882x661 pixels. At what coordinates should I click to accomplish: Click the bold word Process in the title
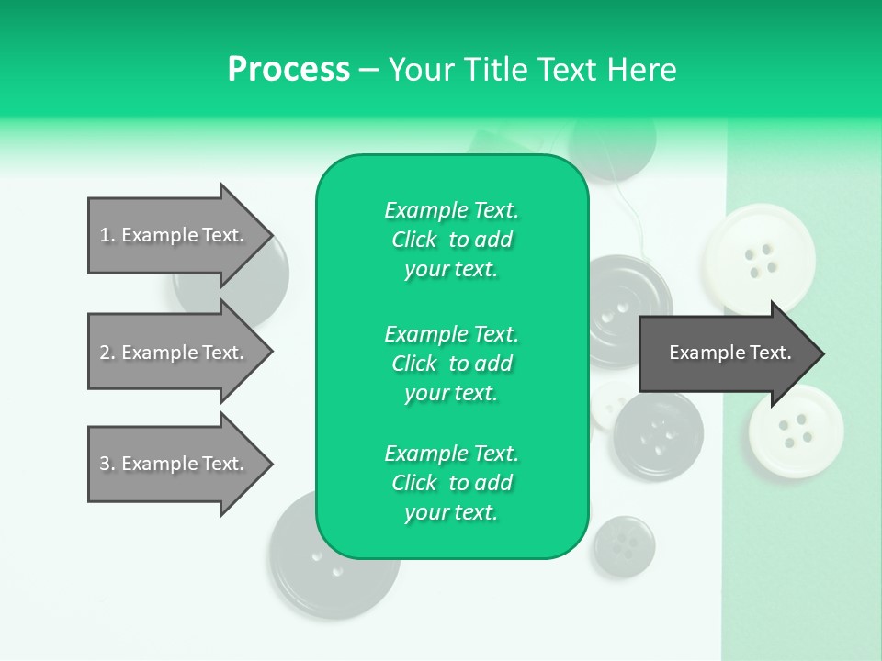pos(288,70)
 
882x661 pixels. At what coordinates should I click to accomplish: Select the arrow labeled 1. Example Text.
pos(175,235)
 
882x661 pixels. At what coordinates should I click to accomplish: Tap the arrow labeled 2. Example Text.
pos(175,353)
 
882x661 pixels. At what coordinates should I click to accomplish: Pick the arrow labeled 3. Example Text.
pos(175,464)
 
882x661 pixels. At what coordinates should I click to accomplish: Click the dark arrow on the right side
pos(726,353)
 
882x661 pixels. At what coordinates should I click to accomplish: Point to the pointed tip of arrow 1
pos(270,235)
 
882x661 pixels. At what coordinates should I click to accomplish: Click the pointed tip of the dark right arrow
pos(821,353)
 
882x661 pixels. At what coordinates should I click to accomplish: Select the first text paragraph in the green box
pos(451,240)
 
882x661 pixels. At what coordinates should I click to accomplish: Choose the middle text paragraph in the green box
pos(451,363)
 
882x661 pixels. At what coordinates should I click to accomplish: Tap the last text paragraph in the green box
pos(451,483)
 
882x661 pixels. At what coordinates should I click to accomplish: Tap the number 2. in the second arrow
pos(107,353)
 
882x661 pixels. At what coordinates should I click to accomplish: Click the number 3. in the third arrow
pos(107,464)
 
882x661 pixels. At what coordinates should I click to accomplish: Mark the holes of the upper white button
pos(761,259)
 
